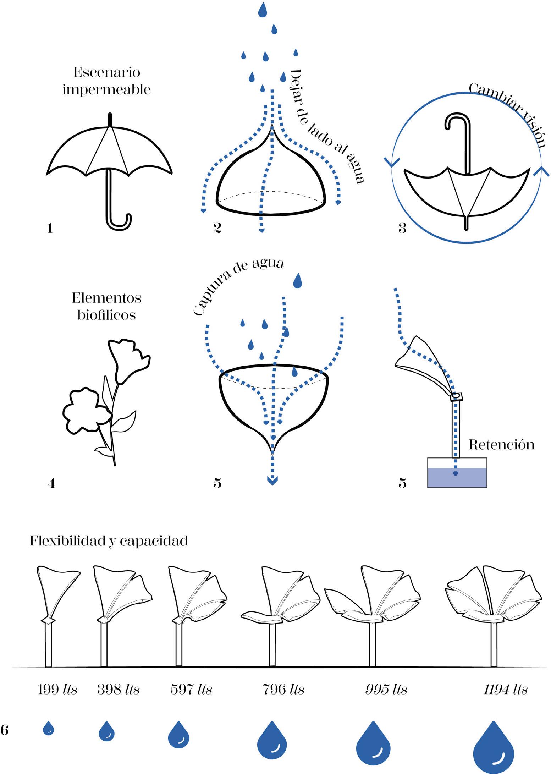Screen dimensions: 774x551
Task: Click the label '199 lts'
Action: coord(57,689)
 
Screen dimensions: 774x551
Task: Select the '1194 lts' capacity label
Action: coord(505,689)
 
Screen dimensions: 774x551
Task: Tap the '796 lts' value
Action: coord(283,689)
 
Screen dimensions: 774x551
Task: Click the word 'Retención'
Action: coord(501,445)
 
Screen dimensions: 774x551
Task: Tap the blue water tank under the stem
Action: coord(457,477)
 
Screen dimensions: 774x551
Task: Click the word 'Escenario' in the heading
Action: coord(107,72)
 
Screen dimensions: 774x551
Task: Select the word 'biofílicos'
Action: coord(107,315)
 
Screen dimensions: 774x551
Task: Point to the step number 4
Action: coord(51,483)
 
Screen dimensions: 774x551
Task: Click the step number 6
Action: coord(5,731)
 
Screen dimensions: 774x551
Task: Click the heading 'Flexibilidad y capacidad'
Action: coord(109,541)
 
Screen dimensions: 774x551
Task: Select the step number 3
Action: coord(402,228)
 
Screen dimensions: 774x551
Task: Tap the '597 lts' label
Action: coord(191,689)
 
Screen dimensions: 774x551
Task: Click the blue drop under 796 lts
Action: coord(272,740)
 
